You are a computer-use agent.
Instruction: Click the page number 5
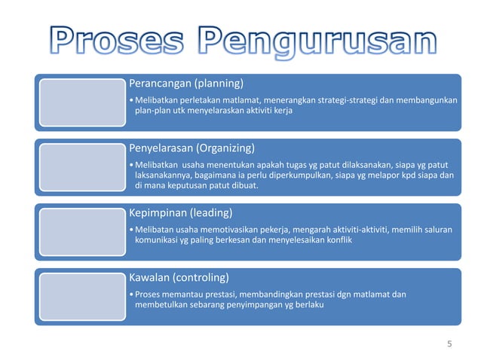click(449, 344)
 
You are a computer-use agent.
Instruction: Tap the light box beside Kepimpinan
click(78, 233)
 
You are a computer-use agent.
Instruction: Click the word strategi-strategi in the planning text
click(349, 100)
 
